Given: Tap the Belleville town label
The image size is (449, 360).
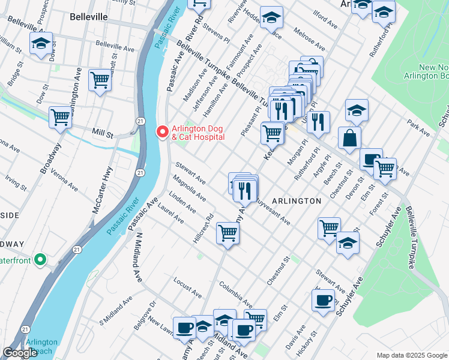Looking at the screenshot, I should (x=88, y=17).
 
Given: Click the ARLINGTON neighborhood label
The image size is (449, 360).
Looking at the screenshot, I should (x=296, y=201).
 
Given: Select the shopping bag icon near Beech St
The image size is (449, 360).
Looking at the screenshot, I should (x=349, y=139).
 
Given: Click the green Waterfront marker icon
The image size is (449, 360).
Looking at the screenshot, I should (x=40, y=260).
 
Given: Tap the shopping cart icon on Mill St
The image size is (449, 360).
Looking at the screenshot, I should (x=60, y=118).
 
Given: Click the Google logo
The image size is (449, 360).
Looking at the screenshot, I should (x=20, y=353).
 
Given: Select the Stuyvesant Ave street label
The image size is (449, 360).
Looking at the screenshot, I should (x=271, y=212).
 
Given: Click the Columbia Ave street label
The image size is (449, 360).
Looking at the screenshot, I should (x=235, y=292).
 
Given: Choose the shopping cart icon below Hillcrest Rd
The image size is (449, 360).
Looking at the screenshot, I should (x=228, y=233).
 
